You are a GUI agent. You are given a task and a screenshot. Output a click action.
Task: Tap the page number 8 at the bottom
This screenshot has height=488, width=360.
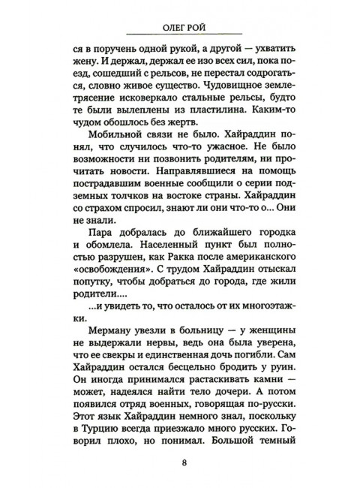(x=184, y=461)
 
